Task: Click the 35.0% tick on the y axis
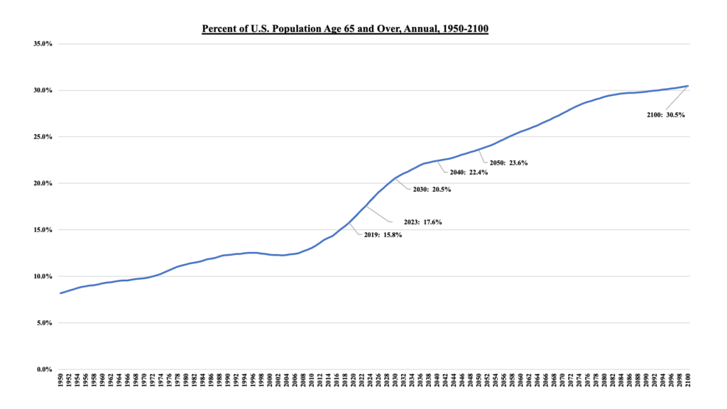pyautogui.click(x=42, y=44)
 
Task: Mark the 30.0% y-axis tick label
pyautogui.click(x=42, y=91)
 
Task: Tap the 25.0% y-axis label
pyautogui.click(x=42, y=137)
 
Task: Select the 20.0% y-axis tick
pyautogui.click(x=42, y=184)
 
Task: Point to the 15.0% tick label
pyautogui.click(x=42, y=230)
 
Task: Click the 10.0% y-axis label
pyautogui.click(x=42, y=277)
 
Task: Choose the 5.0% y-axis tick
pyautogui.click(x=43, y=323)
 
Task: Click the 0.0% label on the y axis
pyautogui.click(x=43, y=370)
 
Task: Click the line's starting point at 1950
pyautogui.click(x=60, y=293)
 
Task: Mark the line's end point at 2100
pyautogui.click(x=688, y=86)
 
